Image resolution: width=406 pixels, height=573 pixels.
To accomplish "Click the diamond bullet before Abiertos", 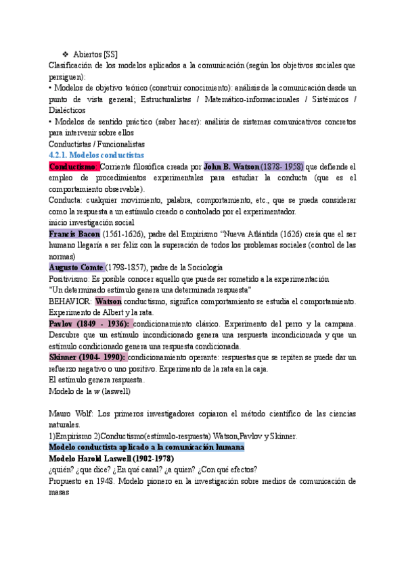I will click(65, 54).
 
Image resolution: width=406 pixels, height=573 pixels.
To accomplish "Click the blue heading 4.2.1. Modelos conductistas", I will click(96, 155).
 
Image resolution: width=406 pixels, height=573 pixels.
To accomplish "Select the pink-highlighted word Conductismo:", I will click(74, 166).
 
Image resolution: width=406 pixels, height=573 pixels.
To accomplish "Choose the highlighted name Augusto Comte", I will click(76, 267).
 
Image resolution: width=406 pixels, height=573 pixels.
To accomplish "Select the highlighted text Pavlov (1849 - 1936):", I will click(89, 324).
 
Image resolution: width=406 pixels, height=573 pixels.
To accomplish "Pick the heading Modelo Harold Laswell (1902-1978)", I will click(111, 459).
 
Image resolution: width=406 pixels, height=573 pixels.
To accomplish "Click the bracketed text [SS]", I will click(113, 54).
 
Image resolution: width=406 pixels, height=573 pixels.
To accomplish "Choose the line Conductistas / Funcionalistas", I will click(97, 144).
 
